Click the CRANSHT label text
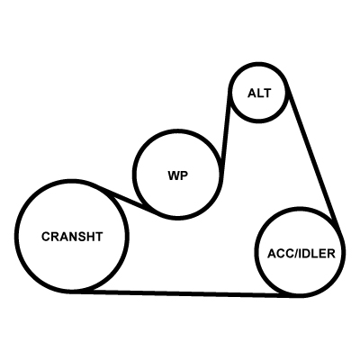[72, 237]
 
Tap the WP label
[178, 175]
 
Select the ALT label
[259, 94]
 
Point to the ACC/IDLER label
[301, 254]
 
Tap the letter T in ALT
[266, 94]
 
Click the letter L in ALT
[259, 94]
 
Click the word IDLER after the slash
[316, 254]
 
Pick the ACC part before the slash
[279, 254]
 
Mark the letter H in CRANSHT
[91, 237]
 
